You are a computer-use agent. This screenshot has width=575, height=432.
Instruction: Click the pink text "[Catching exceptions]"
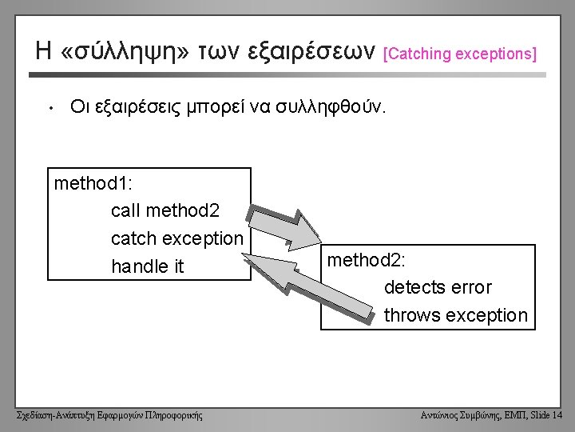[460, 54]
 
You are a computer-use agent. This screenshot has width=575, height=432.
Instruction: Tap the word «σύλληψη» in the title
[125, 51]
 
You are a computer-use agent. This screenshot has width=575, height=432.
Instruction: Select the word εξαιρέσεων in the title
[311, 50]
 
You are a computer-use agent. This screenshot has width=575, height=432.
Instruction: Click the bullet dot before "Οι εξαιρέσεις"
[51, 108]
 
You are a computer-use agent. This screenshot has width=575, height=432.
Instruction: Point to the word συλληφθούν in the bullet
[331, 106]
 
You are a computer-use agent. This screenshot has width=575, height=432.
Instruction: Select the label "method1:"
[93, 183]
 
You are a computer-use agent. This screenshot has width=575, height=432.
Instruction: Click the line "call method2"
[165, 210]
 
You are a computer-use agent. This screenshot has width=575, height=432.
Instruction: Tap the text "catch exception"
[177, 238]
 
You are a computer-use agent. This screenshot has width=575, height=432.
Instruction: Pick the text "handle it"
[148, 266]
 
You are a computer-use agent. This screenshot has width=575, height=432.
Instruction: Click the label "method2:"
[367, 260]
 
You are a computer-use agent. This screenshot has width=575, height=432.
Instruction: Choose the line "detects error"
[438, 287]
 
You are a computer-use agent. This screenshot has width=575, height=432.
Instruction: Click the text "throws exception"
[456, 315]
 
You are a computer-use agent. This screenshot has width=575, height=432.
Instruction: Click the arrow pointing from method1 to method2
[284, 229]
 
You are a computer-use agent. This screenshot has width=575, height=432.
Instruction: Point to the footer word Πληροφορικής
[174, 415]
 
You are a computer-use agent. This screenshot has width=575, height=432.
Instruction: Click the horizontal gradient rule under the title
[287, 75]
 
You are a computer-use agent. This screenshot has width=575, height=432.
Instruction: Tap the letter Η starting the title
[43, 50]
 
